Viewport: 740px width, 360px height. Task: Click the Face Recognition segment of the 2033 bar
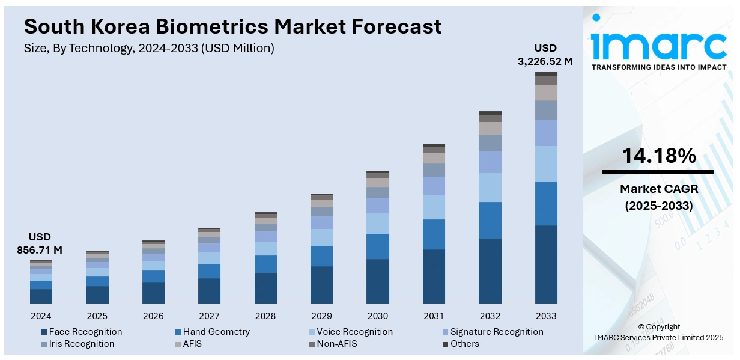(546, 264)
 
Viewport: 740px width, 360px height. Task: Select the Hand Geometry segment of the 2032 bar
(490, 220)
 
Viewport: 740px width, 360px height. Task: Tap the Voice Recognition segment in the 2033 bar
(546, 163)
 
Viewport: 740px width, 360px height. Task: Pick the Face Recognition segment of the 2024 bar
(41, 296)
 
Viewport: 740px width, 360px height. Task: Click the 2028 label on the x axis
(265, 316)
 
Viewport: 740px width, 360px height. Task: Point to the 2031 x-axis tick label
(434, 316)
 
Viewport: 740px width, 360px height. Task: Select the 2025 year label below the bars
(97, 316)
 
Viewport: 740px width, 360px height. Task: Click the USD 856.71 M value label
(40, 243)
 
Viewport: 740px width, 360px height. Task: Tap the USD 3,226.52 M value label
(545, 55)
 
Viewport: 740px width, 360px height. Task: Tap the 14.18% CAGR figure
(658, 156)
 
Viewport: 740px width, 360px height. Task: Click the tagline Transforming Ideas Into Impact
(659, 67)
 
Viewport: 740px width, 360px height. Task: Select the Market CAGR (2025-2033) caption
(658, 198)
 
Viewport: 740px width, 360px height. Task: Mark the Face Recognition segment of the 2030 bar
(378, 281)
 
